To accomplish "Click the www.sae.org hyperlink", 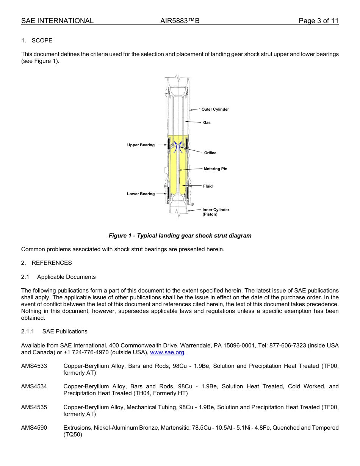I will coord(167,352).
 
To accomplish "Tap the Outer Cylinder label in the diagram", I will coord(215,109).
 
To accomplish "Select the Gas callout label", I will coord(207,123).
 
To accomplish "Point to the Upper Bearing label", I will coord(141,145).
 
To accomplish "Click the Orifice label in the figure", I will coord(210,153).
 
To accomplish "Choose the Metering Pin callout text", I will coord(215,169).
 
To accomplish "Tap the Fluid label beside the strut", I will coord(208,186).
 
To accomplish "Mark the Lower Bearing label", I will coord(141,194).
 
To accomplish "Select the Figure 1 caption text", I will coord(180,236).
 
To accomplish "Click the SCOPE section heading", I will coord(42,41).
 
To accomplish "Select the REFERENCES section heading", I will coord(52,263).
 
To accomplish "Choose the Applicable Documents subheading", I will coord(66,277).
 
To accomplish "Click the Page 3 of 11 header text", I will coord(318,21).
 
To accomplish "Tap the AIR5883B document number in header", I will coord(180,21).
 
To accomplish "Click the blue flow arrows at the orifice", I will coord(178,147).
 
